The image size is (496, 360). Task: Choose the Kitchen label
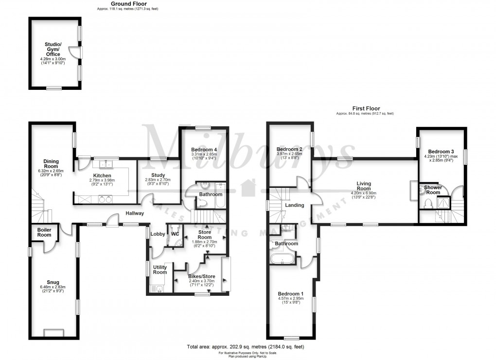coord(103,175)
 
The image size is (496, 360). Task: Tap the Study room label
coord(158,175)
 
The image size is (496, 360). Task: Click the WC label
coord(175,233)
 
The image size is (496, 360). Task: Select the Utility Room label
coord(160,270)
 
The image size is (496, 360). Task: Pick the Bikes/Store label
coord(202,276)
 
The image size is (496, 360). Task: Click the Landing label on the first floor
coord(294,205)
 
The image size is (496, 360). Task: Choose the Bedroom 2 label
coord(289,149)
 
